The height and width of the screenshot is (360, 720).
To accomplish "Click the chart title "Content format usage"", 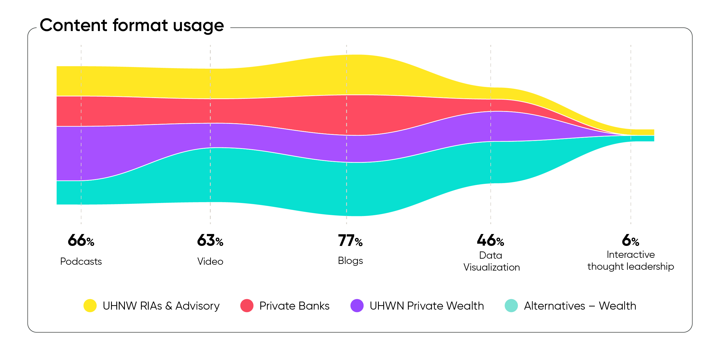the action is point(132,26).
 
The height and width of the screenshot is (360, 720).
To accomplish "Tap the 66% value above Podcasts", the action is point(81,240).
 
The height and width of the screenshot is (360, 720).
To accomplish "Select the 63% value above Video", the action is point(210,240).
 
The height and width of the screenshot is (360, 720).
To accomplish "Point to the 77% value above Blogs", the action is point(350,240).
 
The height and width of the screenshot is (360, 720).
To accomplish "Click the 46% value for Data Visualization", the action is point(490,240).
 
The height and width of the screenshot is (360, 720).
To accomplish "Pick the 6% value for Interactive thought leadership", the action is point(631,240).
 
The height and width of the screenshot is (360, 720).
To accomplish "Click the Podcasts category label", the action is point(81,262).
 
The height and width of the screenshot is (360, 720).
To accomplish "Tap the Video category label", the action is point(210,262).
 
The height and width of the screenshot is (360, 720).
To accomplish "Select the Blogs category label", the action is point(350,261).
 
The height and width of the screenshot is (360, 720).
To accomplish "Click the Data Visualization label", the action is point(492,261).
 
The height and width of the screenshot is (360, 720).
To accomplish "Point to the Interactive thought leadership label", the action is point(631,261).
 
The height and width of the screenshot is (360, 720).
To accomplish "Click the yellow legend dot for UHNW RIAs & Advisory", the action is point(90,305).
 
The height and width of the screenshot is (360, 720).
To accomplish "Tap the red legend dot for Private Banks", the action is point(247,305).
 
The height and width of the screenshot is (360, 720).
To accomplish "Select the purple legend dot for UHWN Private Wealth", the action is point(357,305).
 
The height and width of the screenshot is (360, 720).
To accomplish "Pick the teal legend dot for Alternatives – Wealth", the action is point(511,305).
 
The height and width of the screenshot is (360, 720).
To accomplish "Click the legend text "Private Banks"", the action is point(294,306).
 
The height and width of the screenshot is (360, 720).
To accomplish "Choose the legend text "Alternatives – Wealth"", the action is point(580,306).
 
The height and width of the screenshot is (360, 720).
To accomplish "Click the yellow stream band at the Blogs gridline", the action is point(347,74).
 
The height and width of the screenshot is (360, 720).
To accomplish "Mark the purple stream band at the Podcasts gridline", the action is point(81,153).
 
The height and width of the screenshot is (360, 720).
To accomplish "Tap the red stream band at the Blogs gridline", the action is point(347,115).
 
